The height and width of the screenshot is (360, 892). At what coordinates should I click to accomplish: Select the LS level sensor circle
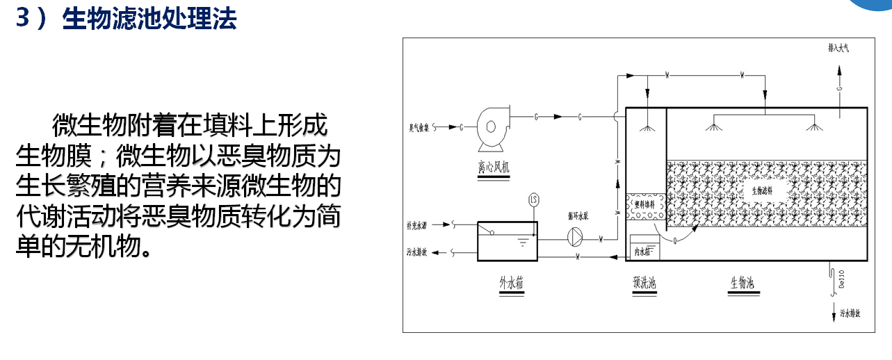534,200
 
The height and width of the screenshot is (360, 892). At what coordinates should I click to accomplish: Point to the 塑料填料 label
647,204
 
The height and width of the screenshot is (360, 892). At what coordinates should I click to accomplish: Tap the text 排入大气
838,49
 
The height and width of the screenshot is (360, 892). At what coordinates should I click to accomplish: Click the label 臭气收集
419,128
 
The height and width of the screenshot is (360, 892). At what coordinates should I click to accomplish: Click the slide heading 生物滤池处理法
149,19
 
